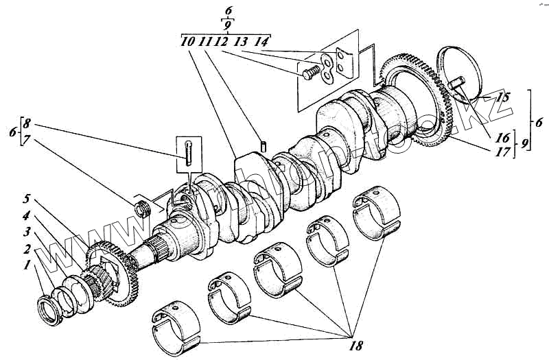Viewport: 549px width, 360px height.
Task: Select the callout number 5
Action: point(25,200)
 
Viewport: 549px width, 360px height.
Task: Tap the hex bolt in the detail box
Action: point(309,69)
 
